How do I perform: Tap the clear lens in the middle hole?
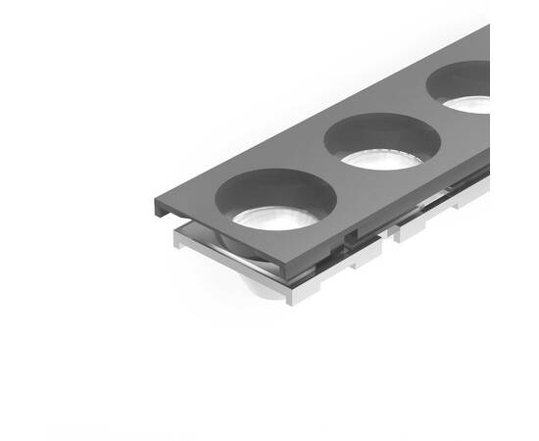(381, 159)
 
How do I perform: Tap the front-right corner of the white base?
(291, 298)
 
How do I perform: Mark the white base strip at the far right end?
(476, 195)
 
